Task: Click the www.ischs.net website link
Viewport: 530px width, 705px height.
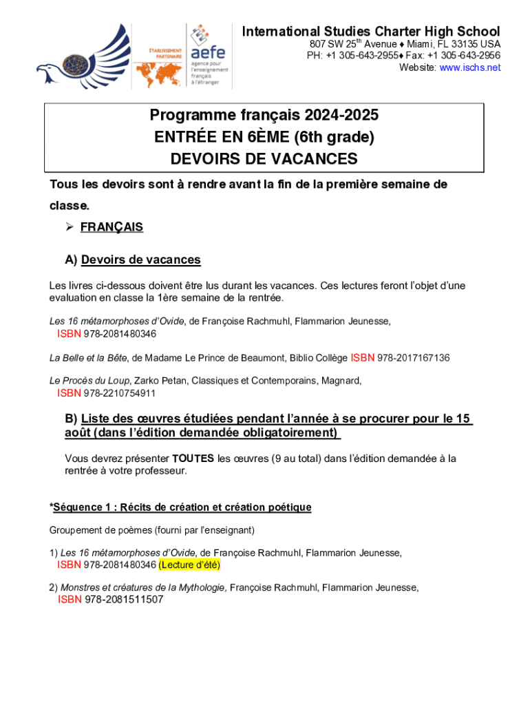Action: [x=470, y=67]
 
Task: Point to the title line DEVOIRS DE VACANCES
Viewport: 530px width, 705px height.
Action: [x=264, y=159]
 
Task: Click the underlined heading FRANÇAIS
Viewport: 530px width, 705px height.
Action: [x=112, y=227]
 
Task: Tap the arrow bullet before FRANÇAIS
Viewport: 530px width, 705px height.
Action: [x=68, y=227]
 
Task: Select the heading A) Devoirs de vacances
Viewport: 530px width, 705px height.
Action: [x=133, y=260]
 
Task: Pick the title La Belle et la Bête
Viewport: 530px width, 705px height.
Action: [x=87, y=358]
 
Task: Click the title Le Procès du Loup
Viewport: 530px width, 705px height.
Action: [x=89, y=380]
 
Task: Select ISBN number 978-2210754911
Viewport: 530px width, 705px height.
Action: [x=120, y=394]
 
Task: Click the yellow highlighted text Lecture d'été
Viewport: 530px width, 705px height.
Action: [x=189, y=565]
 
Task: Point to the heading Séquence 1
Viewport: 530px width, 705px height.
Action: [x=180, y=507]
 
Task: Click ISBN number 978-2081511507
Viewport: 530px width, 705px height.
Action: [x=124, y=600]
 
